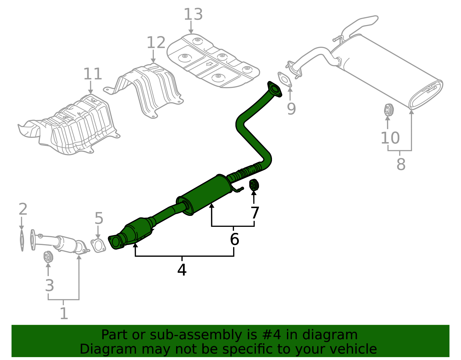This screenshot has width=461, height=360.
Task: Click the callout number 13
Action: (x=193, y=14)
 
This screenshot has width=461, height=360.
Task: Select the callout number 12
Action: (x=156, y=43)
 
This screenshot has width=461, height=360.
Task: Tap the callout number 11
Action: (x=93, y=74)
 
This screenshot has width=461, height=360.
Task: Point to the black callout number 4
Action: (x=182, y=270)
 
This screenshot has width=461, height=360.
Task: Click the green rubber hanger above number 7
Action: (x=254, y=185)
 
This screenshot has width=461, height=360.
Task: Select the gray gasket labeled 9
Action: (x=285, y=79)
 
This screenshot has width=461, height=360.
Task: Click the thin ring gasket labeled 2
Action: (x=22, y=240)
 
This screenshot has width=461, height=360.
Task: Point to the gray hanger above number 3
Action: (x=48, y=257)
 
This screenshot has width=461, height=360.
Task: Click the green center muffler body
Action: (x=205, y=195)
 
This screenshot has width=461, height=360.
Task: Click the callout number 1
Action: (x=64, y=314)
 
